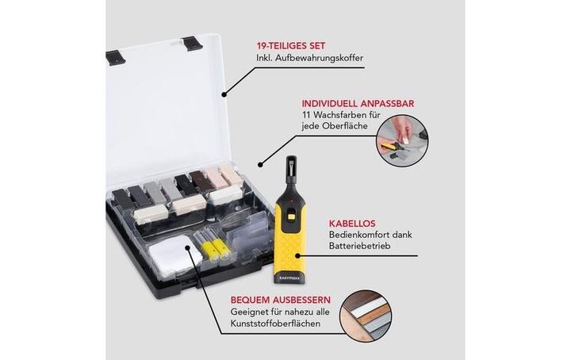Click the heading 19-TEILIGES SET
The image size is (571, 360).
[x=291, y=46]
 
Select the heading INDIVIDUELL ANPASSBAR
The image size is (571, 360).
[x=358, y=104]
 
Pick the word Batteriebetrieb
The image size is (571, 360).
[x=360, y=246]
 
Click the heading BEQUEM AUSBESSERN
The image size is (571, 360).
[x=281, y=301]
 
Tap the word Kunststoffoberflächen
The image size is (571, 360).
[x=276, y=324]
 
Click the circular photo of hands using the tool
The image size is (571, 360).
[x=402, y=141]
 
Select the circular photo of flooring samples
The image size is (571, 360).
[x=366, y=316]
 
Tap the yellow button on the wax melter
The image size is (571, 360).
[x=291, y=216]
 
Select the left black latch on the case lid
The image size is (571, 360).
[x=116, y=58]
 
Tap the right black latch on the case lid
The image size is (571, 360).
[x=192, y=44]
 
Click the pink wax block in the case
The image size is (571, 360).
[x=214, y=178]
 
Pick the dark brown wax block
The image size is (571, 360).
[x=198, y=180]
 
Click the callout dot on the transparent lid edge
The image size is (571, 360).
[x=224, y=94]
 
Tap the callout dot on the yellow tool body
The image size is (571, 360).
[x=298, y=256]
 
